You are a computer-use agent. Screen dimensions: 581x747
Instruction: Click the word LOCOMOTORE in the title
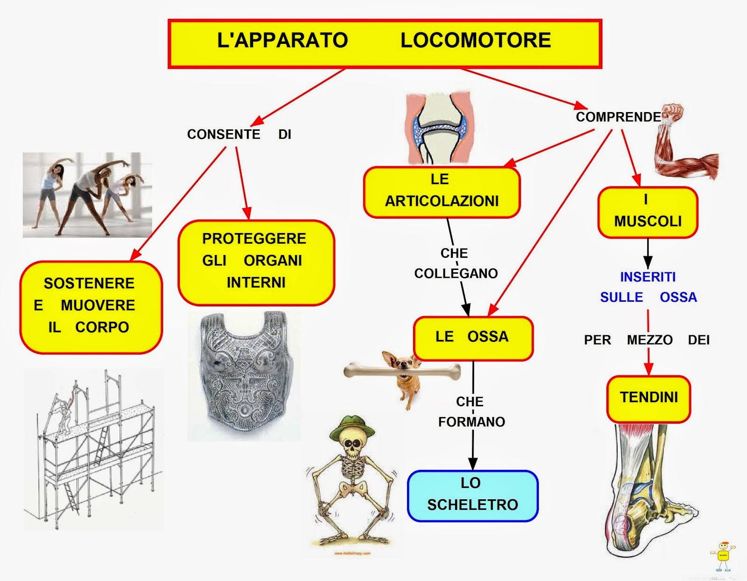475,40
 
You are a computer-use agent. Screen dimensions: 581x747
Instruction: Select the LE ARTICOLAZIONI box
441,191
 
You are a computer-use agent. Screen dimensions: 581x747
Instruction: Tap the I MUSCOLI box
648,213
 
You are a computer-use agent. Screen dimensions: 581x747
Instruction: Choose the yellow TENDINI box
648,398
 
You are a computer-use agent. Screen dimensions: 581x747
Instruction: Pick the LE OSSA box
472,337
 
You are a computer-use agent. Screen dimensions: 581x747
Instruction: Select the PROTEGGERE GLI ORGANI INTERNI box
256,262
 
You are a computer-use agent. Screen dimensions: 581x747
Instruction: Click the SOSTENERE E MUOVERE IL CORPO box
91,306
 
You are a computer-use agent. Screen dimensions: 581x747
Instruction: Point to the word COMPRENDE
618,117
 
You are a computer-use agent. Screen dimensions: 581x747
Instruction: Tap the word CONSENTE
224,135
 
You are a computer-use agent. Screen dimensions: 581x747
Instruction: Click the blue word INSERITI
648,277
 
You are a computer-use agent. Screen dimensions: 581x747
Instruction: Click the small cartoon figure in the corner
723,556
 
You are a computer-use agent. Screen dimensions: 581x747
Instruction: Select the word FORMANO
472,422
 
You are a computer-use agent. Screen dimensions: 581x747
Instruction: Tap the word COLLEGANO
456,273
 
